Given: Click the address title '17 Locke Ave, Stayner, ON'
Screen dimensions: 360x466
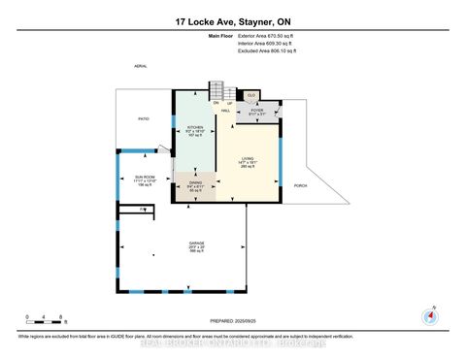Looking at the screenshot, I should pyautogui.click(x=232, y=21).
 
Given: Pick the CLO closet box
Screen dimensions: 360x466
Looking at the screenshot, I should pyautogui.click(x=251, y=95).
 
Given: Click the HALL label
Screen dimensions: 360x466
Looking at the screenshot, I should pyautogui.click(x=225, y=111).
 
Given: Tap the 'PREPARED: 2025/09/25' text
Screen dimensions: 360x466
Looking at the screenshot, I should pyautogui.click(x=232, y=321).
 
